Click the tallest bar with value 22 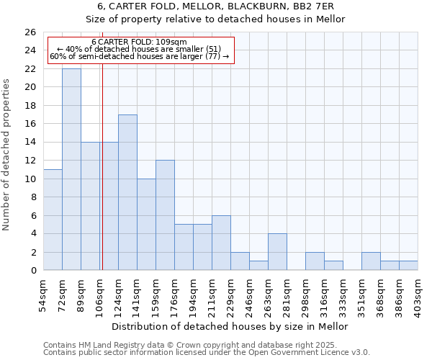(71, 169)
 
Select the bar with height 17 (127, 192)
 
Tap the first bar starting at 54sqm (53, 220)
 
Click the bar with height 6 (221, 243)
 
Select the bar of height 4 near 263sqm (277, 252)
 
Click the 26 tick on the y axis (30, 32)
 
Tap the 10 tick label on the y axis (30, 179)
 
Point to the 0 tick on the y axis (32, 271)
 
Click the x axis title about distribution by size (230, 326)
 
